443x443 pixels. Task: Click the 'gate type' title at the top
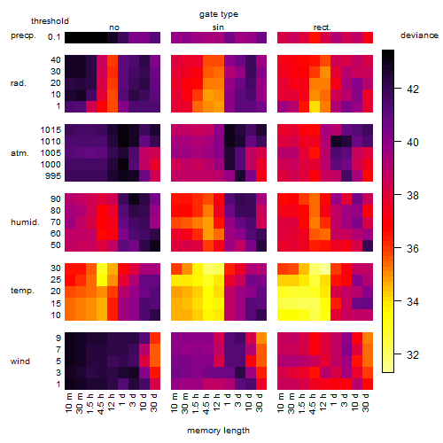point(219,14)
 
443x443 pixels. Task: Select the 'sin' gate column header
point(218,27)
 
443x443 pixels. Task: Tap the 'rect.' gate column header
point(323,27)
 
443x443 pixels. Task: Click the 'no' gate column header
point(114,27)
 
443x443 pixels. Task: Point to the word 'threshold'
point(50,21)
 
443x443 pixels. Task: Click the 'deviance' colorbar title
point(419,35)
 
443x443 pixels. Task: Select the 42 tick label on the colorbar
point(413,89)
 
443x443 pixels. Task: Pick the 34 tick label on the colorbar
point(413,301)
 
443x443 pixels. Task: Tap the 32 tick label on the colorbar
point(413,354)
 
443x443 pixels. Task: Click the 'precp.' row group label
point(23,35)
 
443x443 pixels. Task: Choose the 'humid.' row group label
point(25,222)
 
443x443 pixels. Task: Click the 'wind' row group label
point(20,361)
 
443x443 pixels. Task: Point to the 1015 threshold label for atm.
point(51,130)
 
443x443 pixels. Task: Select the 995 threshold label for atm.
point(53,176)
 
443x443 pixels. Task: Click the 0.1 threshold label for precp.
point(54,37)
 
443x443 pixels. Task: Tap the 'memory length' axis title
point(219,431)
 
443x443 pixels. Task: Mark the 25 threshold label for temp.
point(56,280)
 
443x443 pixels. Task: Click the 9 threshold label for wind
point(58,338)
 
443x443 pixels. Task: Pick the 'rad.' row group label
point(19,83)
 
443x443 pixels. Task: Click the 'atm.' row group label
point(19,153)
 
